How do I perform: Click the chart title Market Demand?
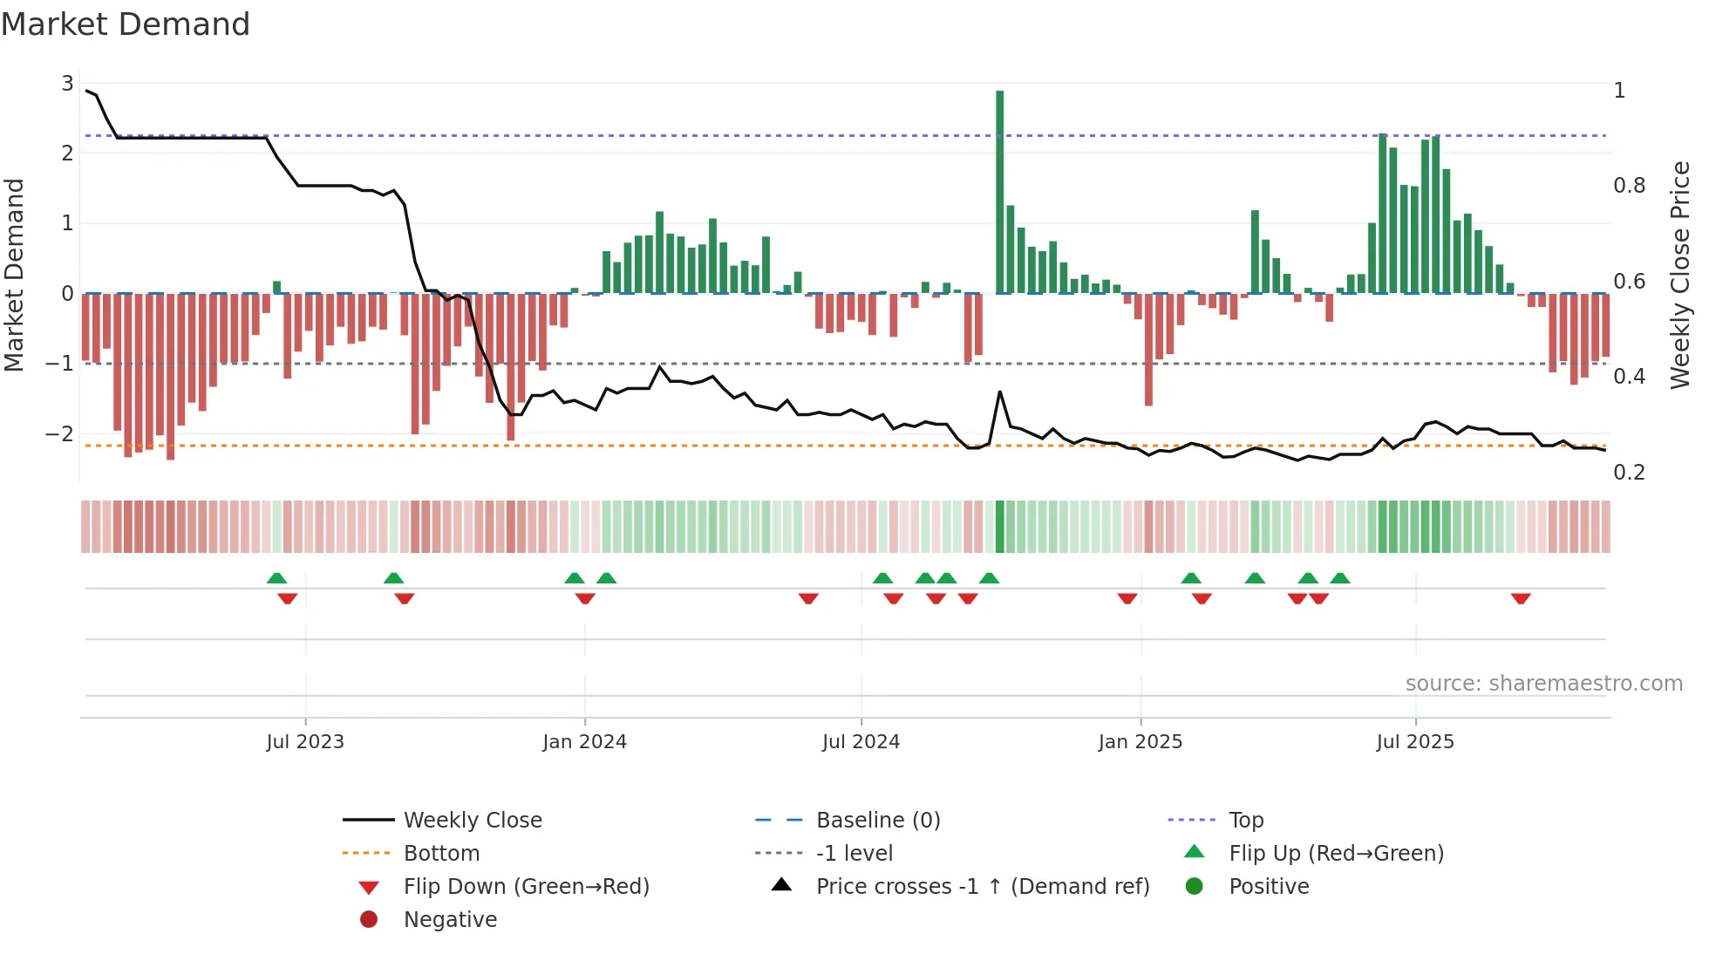(x=126, y=24)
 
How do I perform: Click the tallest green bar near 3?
(x=999, y=192)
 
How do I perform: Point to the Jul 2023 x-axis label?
(x=305, y=742)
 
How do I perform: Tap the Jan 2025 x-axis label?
(x=1140, y=742)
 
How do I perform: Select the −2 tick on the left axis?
(x=59, y=433)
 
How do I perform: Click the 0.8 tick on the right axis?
(x=1629, y=186)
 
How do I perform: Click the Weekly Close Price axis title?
(x=1679, y=275)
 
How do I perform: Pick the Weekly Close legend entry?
(x=472, y=821)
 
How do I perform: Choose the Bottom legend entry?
(x=441, y=854)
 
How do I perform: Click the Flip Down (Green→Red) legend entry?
(x=526, y=887)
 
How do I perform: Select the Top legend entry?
(x=1245, y=821)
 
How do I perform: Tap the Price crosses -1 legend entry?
(x=982, y=887)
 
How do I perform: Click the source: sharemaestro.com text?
(x=1543, y=684)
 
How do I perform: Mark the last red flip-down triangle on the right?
(x=1521, y=598)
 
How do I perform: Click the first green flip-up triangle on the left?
(x=276, y=578)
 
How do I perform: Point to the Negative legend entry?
(x=450, y=920)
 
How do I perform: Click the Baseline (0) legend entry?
(x=877, y=821)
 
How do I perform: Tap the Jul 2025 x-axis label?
(x=1414, y=742)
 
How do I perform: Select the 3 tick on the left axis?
(x=67, y=84)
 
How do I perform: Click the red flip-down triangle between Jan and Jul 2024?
(x=808, y=598)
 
